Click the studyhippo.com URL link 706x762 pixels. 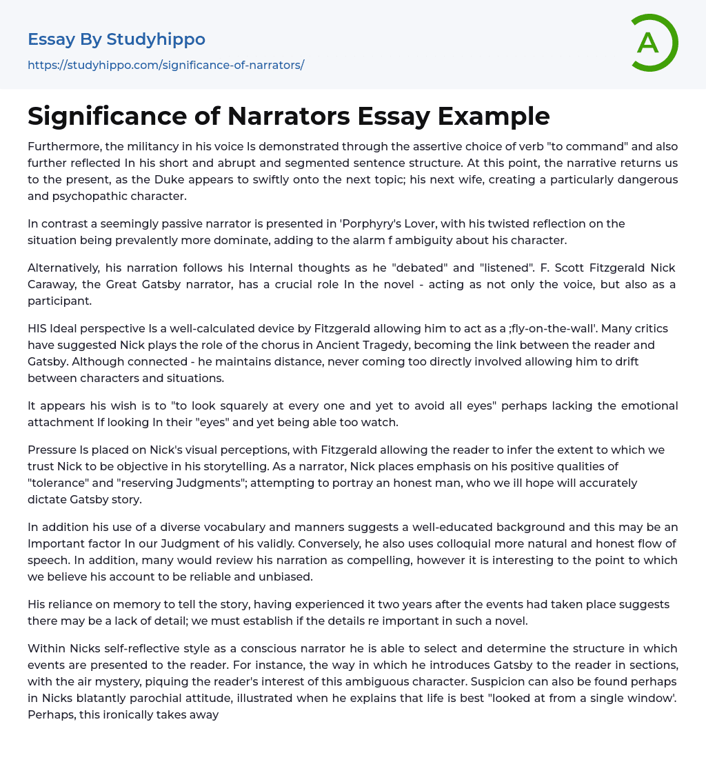(x=165, y=65)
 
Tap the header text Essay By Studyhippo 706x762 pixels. (x=117, y=39)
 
